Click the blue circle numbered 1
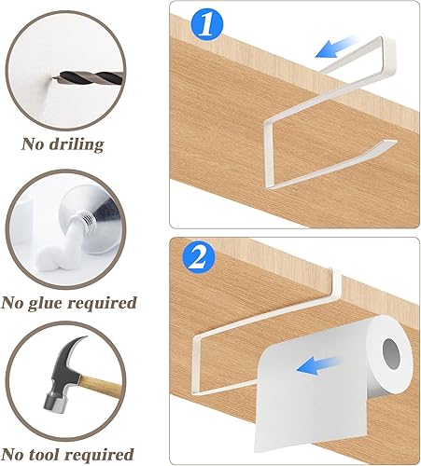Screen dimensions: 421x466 207,24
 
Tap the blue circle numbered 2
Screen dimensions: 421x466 199,258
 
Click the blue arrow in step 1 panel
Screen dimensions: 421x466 337,47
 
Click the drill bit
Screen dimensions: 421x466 88,77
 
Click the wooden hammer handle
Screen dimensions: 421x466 101,387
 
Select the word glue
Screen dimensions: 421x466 45,303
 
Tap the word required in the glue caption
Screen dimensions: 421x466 102,304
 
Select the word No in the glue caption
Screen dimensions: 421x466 12,302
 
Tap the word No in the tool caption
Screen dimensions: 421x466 13,454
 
